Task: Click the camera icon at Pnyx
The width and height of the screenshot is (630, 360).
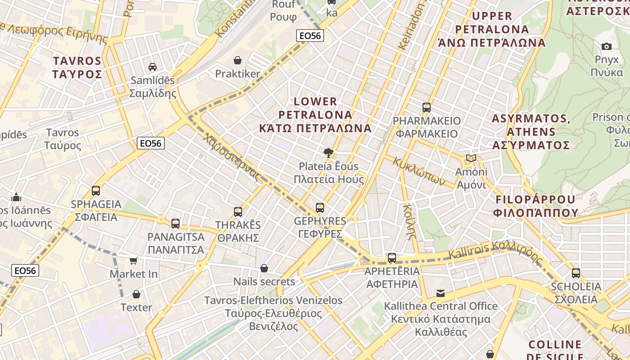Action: (607, 46)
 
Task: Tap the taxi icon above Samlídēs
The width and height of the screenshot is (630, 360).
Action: (153, 67)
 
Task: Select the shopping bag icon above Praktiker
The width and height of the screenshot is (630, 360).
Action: (238, 60)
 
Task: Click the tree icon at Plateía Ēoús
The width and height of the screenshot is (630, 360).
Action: (329, 153)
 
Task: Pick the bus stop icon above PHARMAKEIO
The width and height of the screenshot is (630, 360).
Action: (427, 108)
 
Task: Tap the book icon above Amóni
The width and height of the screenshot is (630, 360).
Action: (471, 158)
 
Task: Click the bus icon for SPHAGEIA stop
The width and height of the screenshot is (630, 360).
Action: (96, 191)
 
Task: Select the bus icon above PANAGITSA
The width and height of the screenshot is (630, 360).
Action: (175, 223)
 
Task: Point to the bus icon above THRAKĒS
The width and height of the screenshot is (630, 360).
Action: (238, 211)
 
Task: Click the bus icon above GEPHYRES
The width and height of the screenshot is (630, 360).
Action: (320, 208)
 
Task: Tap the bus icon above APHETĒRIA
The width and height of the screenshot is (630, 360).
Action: (392, 258)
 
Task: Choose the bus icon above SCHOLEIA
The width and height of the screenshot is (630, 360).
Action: (576, 273)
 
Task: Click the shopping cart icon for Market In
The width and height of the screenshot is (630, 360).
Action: (134, 261)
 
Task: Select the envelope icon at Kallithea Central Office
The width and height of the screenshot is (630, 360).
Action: (441, 293)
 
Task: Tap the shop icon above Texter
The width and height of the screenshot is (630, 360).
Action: (136, 294)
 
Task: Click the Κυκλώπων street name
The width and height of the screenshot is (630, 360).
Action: (419, 171)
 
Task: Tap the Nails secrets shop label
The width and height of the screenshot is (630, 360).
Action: (264, 282)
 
